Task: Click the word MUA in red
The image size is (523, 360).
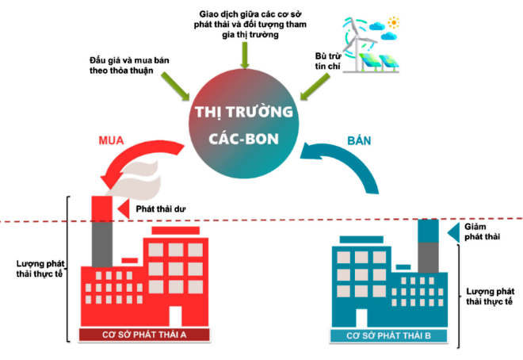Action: pyautogui.click(x=111, y=140)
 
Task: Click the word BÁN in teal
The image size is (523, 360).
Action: pyautogui.click(x=359, y=140)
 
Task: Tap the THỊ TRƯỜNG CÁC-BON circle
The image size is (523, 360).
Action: pyautogui.click(x=244, y=124)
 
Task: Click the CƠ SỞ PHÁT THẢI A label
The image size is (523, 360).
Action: pyautogui.click(x=144, y=335)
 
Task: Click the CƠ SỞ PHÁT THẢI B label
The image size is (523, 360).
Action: pyautogui.click(x=388, y=335)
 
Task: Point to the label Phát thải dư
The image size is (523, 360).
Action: pyautogui.click(x=161, y=209)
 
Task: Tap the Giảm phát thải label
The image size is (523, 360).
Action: pyautogui.click(x=483, y=232)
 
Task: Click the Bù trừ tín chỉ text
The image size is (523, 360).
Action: pyautogui.click(x=327, y=61)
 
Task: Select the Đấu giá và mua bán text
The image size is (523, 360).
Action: pyautogui.click(x=129, y=60)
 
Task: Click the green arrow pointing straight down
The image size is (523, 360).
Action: pyautogui.click(x=245, y=56)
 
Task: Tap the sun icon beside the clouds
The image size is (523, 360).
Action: pyautogui.click(x=394, y=23)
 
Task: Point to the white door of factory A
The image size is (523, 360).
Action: pyautogui.click(x=175, y=316)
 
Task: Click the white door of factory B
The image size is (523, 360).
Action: pyautogui.click(x=361, y=318)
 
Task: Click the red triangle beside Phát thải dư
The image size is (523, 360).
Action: pyautogui.click(x=124, y=209)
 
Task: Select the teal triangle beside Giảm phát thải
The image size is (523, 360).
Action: pyautogui.click(x=453, y=232)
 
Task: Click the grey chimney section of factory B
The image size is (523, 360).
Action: pyautogui.click(x=428, y=258)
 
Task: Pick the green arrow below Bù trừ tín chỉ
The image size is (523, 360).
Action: pyautogui.click(x=315, y=87)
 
